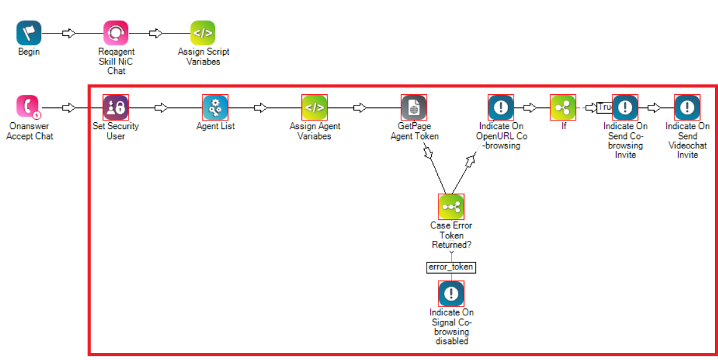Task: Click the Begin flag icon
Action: point(29,34)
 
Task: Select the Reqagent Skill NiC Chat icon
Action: point(116,34)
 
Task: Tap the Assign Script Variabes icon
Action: point(202,34)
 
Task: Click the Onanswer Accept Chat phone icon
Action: point(29,107)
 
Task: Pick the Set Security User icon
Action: point(116,107)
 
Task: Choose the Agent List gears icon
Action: point(215,107)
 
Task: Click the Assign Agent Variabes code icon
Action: point(314,107)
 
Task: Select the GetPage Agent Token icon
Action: point(414,107)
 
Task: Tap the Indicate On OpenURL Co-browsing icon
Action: point(501,107)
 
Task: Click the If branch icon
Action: point(563,107)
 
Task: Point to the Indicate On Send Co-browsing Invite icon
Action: point(625,107)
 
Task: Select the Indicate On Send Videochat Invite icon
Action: point(687,107)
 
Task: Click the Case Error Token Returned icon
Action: point(451,207)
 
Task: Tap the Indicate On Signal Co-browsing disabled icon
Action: point(451,294)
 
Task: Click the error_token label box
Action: point(451,267)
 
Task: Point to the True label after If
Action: point(604,108)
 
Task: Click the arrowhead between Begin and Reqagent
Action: point(70,34)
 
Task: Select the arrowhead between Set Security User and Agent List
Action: point(161,108)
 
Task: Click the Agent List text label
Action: point(215,127)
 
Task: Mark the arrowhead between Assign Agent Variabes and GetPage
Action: point(360,108)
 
